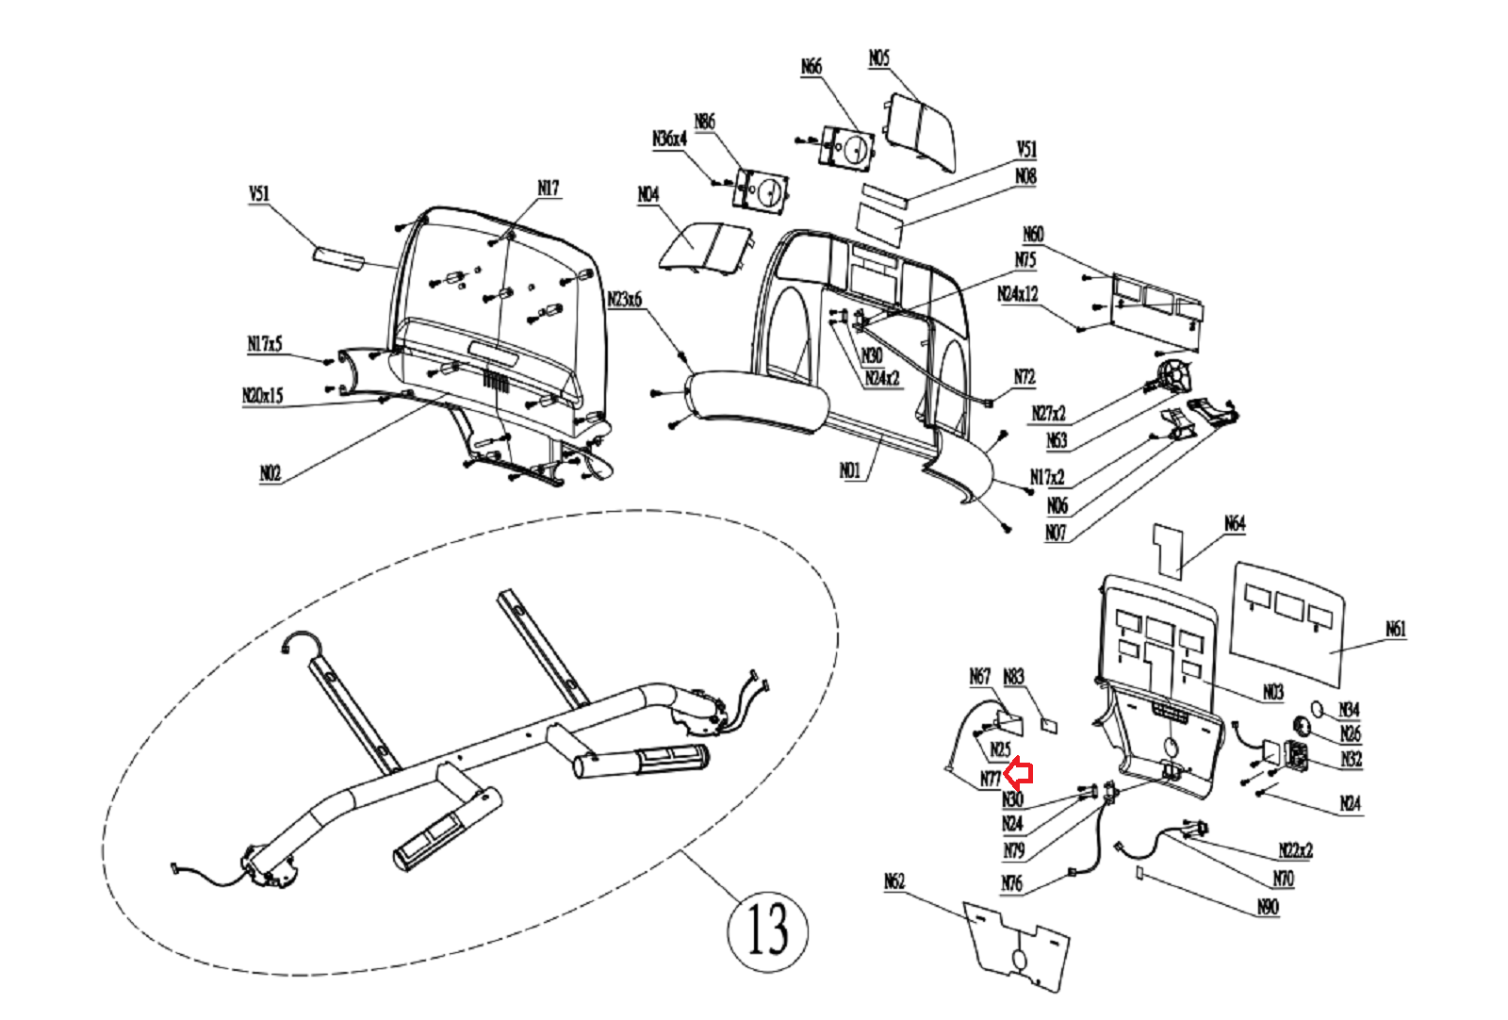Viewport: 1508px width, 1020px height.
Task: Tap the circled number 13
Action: (768, 929)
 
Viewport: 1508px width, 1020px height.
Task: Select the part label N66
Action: (811, 67)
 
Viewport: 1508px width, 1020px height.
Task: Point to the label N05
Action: (879, 58)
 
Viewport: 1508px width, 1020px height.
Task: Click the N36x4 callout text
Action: (669, 139)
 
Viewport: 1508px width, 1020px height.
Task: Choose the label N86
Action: (705, 122)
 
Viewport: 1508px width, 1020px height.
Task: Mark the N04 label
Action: (648, 194)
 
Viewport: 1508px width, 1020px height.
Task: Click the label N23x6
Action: (624, 299)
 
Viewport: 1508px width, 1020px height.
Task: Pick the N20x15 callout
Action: (263, 396)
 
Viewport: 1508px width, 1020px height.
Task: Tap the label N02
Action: (270, 473)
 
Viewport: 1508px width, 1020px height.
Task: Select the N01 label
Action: (850, 469)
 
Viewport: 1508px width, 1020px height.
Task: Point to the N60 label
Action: (1033, 235)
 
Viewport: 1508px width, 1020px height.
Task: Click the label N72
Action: (1024, 377)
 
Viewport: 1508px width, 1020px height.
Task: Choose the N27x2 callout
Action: (1048, 413)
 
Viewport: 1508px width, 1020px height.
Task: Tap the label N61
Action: (1396, 629)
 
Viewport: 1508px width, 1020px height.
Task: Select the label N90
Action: (1268, 907)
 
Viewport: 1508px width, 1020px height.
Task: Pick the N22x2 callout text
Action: (1296, 850)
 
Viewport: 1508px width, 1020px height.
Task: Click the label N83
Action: (1013, 677)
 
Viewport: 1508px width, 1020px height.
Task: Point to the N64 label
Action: (1235, 523)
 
